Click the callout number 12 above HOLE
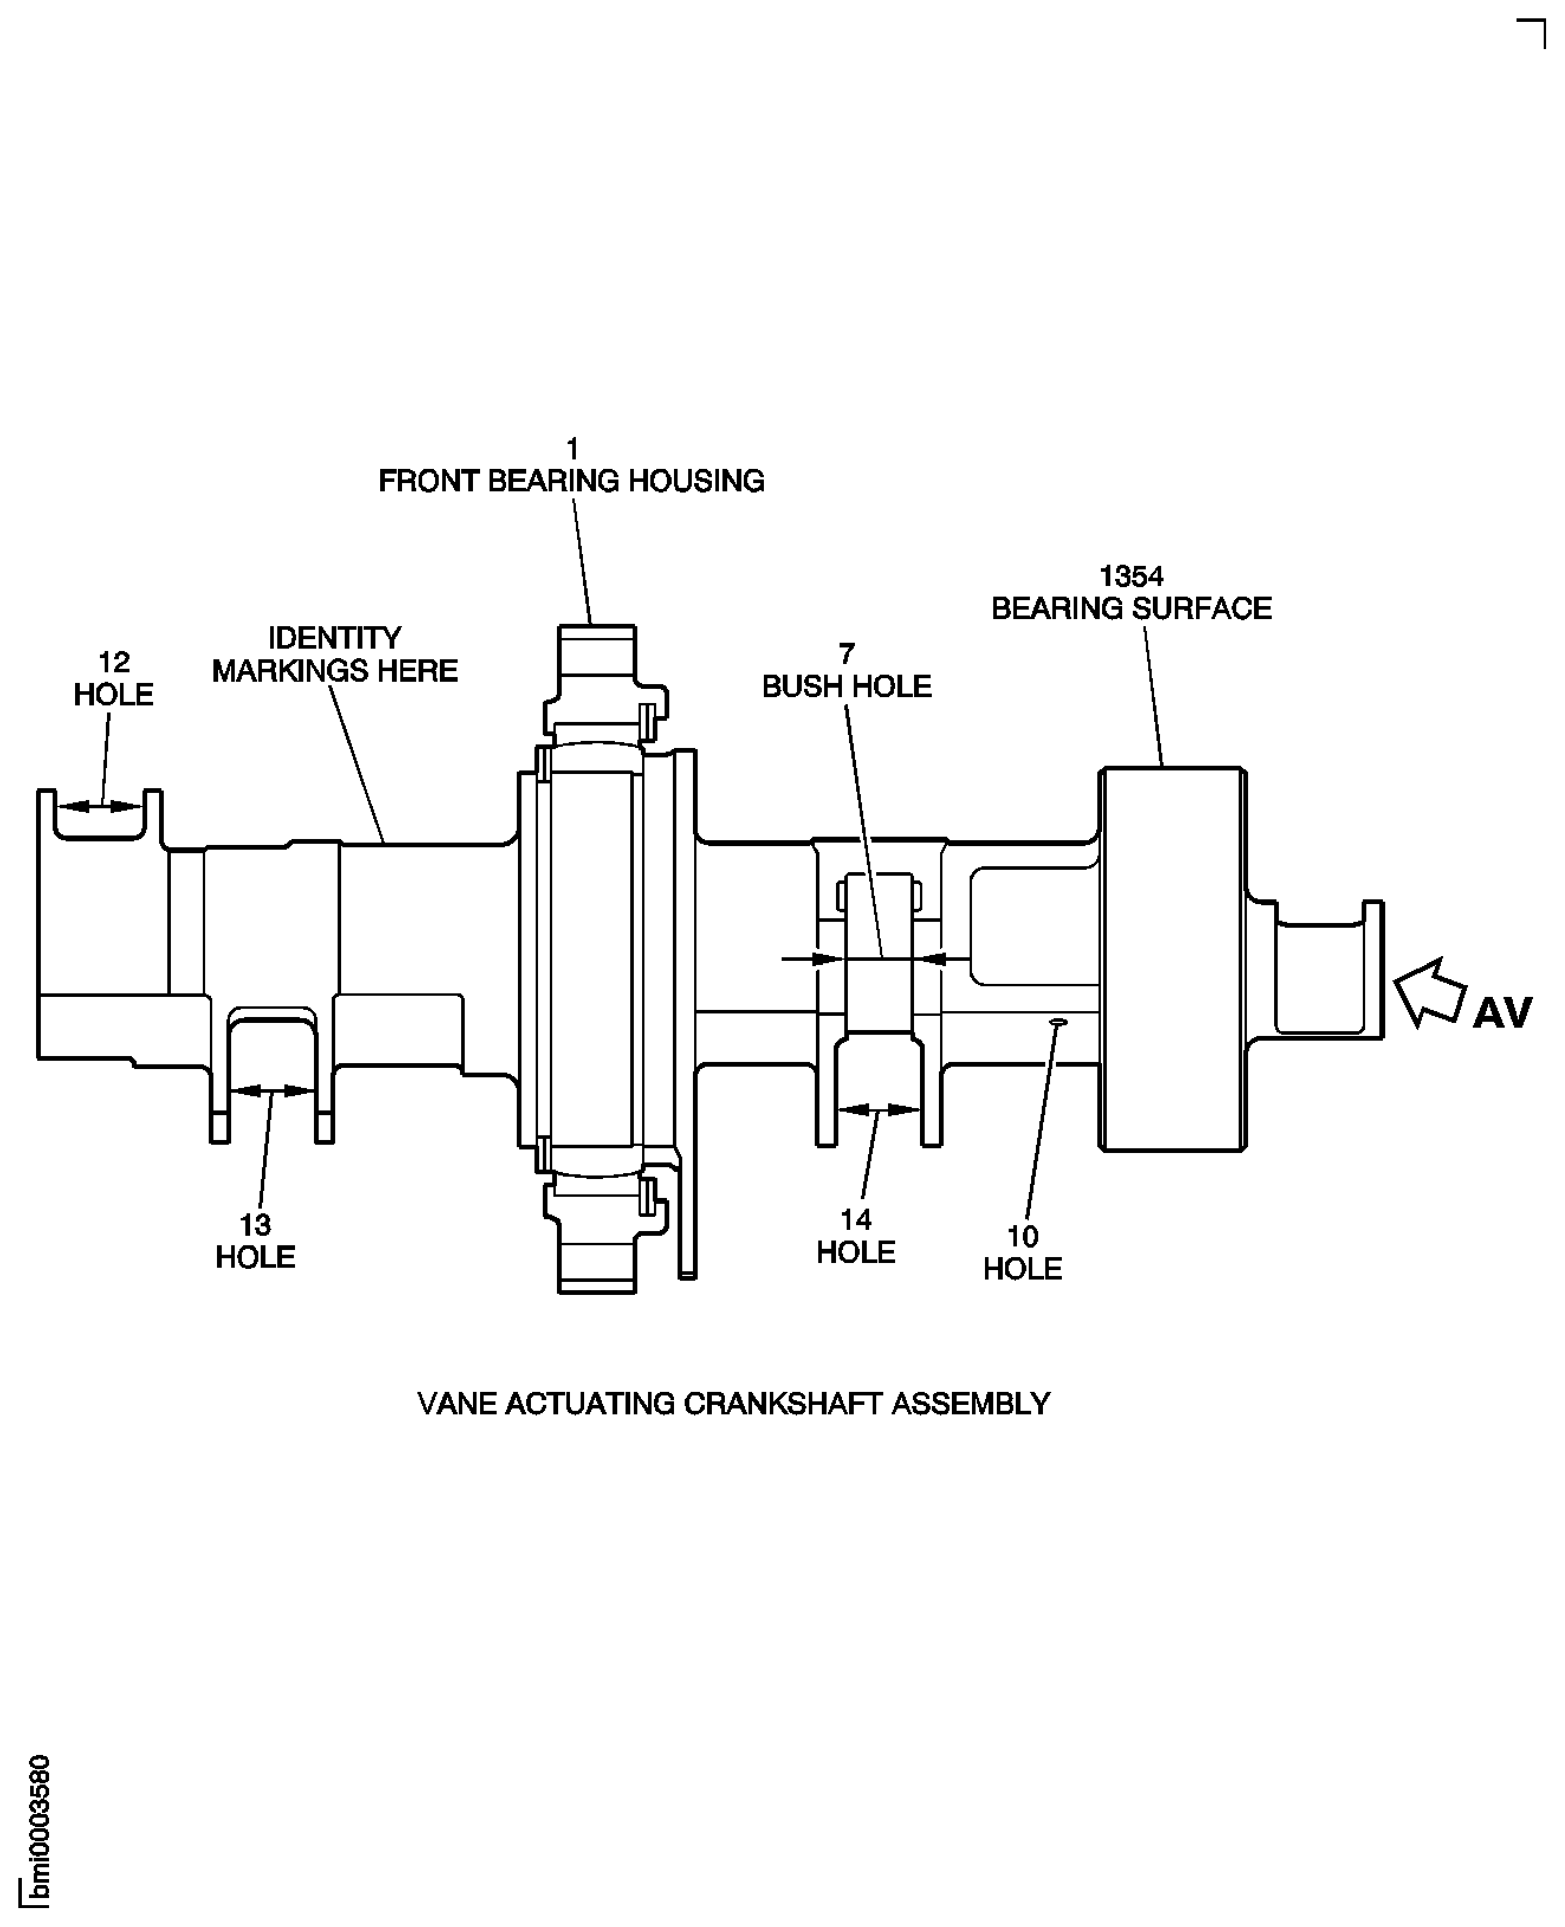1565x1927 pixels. coord(114,663)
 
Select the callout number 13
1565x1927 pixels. coord(255,1225)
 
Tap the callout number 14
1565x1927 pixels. coord(856,1220)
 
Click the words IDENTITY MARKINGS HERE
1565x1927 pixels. coord(335,655)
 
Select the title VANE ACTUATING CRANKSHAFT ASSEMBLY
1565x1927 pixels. coord(733,1404)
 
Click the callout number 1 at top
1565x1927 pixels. coord(572,448)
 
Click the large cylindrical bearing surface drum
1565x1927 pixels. coord(1172,958)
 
